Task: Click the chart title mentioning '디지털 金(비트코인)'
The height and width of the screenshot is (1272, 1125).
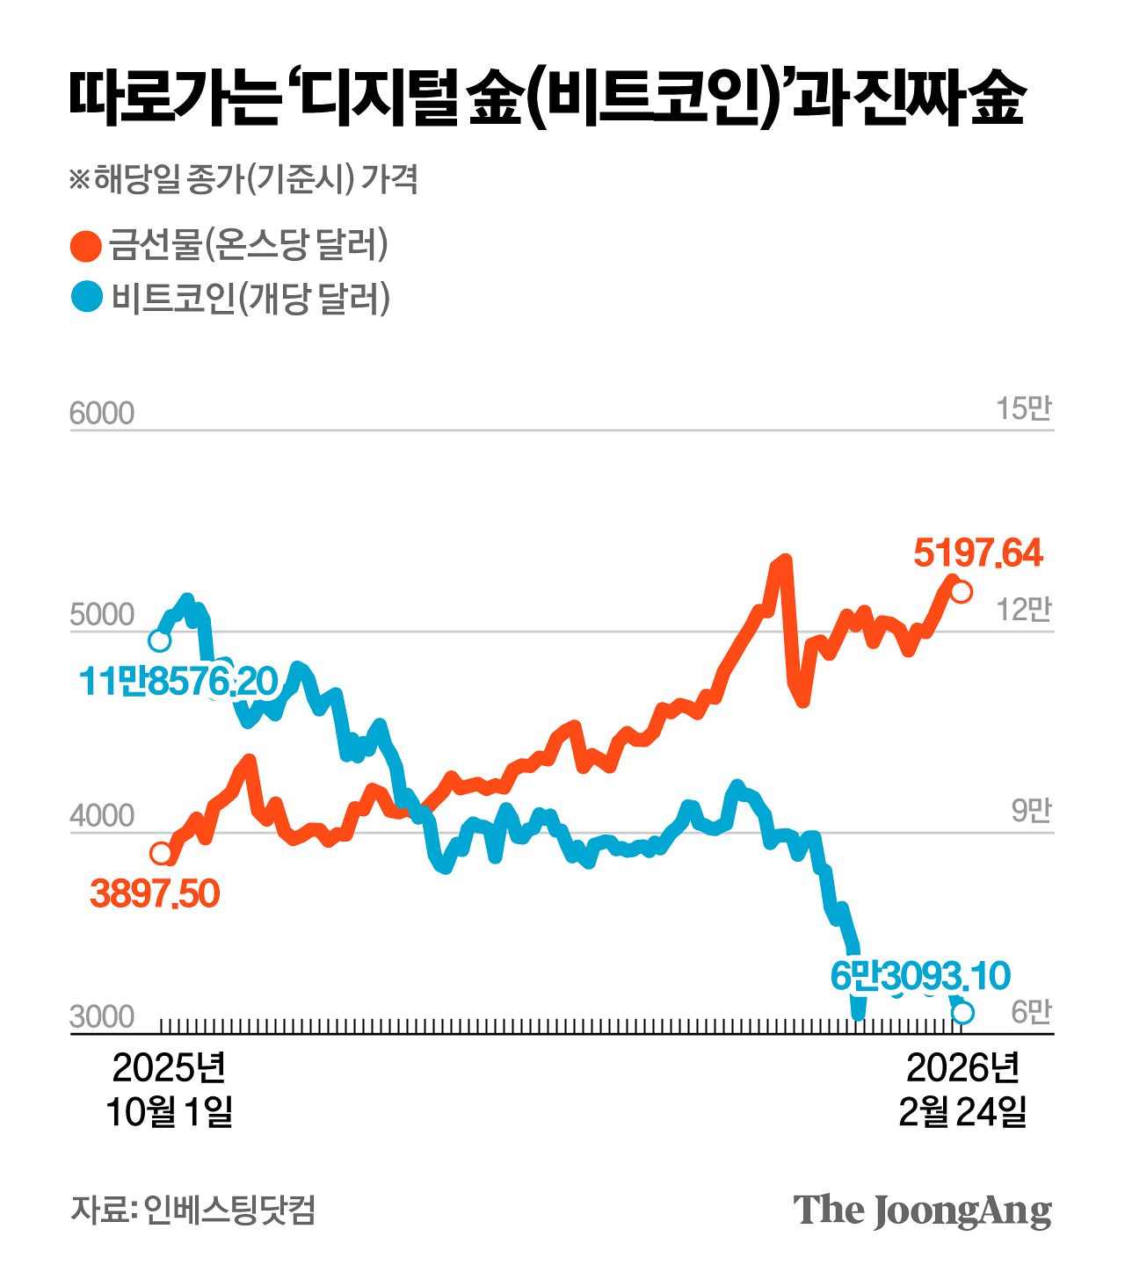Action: pos(547,99)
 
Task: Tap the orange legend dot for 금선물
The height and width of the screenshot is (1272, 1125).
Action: pos(86,246)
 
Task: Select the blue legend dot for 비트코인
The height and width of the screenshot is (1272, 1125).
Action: pos(86,298)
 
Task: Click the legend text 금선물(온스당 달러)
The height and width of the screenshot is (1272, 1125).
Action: pos(249,245)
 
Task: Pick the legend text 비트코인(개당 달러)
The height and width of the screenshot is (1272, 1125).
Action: pos(250,298)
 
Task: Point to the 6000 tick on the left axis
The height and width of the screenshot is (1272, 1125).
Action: pos(102,413)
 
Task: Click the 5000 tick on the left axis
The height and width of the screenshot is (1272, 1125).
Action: pos(102,615)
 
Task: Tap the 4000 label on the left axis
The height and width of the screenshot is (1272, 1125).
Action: pos(102,816)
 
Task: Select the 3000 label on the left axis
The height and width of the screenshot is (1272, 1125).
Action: pos(102,1016)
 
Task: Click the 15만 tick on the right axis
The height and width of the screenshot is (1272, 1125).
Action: pos(1023,409)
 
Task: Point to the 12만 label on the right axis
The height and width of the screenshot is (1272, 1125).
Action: pos(1023,610)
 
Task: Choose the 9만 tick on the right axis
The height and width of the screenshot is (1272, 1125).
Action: pos(1030,812)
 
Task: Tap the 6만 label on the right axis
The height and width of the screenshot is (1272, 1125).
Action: pos(1030,1013)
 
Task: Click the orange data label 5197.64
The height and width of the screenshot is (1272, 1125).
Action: pos(977,553)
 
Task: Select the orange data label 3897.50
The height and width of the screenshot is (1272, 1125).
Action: pos(155,893)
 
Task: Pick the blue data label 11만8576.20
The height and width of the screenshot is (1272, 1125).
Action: pos(178,681)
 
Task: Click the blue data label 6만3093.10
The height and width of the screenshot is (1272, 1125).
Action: pos(920,976)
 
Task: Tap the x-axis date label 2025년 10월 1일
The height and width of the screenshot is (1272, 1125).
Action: pos(170,1089)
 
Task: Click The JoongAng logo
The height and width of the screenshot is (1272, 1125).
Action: pos(922,1211)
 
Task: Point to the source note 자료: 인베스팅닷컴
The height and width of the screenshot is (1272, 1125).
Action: pos(192,1210)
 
